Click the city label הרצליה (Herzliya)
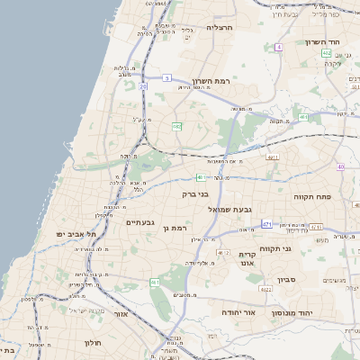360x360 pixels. pos(220,28)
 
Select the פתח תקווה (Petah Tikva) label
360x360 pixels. pos(313,195)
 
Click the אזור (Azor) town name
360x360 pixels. pos(121,315)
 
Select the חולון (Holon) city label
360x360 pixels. pos(94,343)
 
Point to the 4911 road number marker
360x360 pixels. pos(274,157)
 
